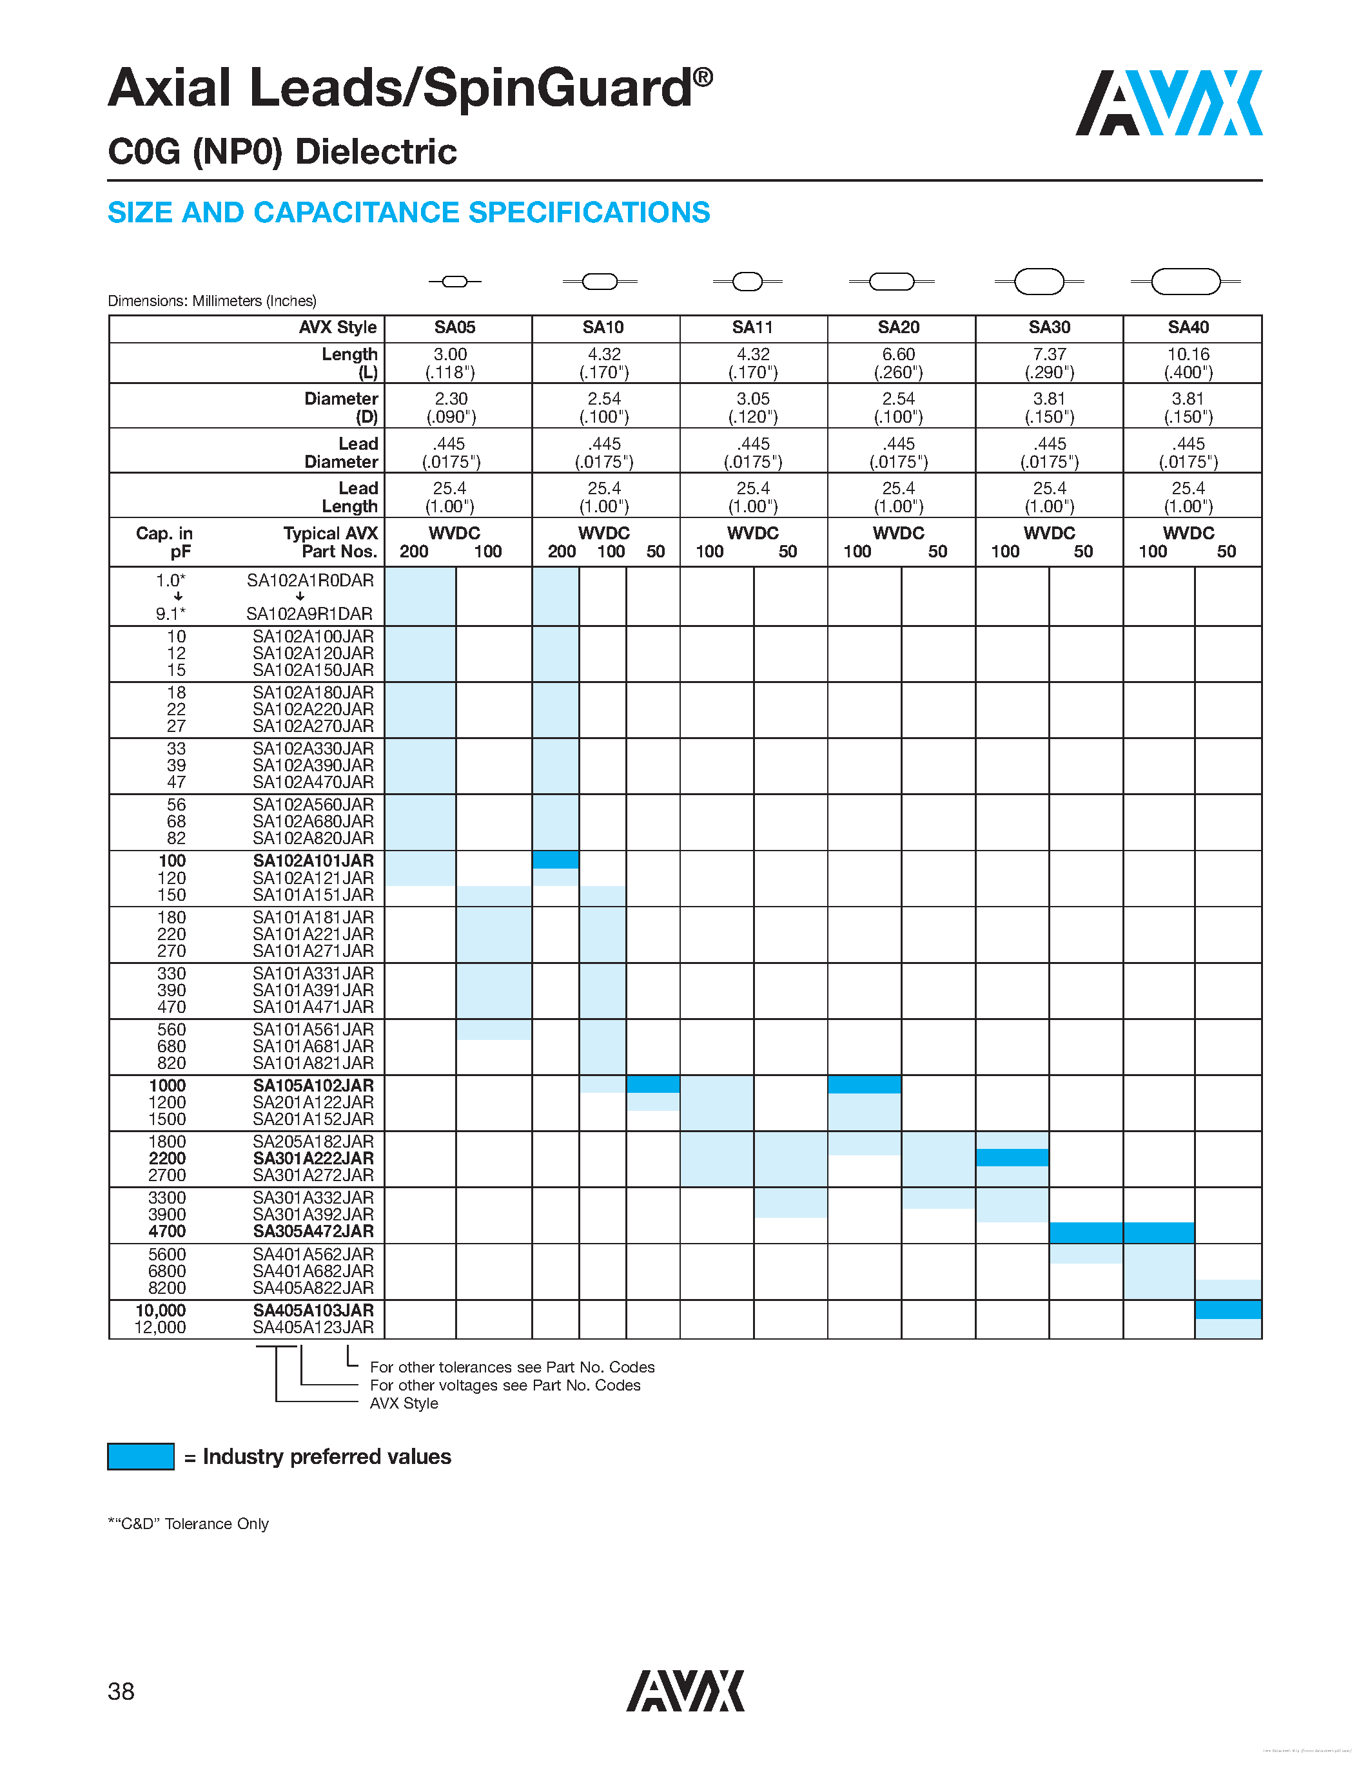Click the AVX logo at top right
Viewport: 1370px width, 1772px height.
tap(1168, 103)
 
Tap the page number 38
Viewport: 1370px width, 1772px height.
tap(121, 1691)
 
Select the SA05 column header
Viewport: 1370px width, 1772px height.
tap(455, 328)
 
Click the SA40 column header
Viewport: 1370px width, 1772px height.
tap(1188, 328)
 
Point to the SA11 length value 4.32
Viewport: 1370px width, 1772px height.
tap(752, 354)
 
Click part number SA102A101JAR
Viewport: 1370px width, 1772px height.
tap(313, 861)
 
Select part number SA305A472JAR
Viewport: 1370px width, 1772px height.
tap(313, 1231)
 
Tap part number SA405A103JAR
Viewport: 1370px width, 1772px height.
tap(313, 1311)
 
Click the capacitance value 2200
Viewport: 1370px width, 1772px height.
tap(167, 1159)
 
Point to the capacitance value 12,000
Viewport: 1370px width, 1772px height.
tap(160, 1327)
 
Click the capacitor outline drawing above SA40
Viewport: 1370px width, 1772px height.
tap(1186, 282)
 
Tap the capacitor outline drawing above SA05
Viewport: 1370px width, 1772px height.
tap(455, 282)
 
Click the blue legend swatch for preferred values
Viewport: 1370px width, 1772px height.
tap(141, 1456)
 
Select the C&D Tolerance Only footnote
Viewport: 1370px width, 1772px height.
tap(188, 1524)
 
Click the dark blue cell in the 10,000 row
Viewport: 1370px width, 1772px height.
tap(1227, 1309)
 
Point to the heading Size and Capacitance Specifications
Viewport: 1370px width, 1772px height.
tap(409, 213)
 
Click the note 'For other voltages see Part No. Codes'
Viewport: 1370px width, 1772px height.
tap(505, 1385)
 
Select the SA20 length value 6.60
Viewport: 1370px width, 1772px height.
tap(899, 354)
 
